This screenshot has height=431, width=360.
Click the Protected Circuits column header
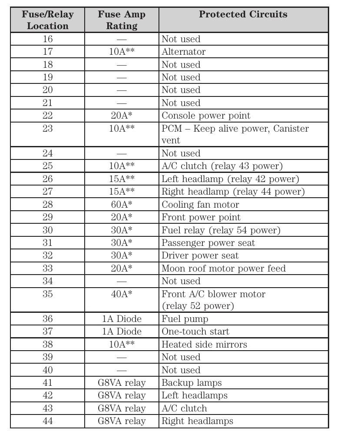point(243,14)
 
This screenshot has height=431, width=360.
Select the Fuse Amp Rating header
point(122,20)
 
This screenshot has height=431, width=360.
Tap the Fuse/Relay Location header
point(48,20)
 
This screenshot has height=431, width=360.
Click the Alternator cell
point(184,52)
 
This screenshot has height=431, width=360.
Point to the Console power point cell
point(206,116)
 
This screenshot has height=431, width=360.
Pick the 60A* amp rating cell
point(122,205)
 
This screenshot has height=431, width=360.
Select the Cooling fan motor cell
point(200,205)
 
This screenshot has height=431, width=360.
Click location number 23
point(48,129)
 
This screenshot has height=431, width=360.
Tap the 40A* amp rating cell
point(122,294)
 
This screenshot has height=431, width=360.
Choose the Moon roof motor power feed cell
point(224,269)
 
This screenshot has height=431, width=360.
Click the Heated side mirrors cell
point(204,345)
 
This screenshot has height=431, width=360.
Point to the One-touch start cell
point(195,332)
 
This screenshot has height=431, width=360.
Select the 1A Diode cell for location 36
point(122,319)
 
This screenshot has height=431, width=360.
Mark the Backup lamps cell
point(192,383)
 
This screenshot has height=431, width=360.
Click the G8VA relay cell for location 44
point(122,421)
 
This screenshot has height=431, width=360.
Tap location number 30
point(48,230)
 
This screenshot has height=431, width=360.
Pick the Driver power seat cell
point(200,255)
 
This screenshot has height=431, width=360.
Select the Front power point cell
point(201,217)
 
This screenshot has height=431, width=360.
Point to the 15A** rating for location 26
point(122,179)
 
